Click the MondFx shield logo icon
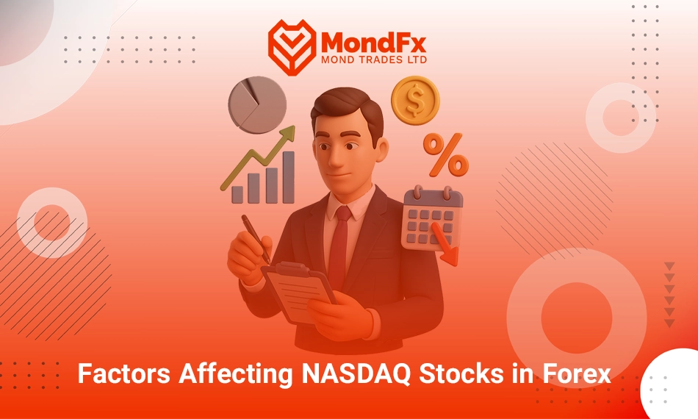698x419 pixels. (292, 47)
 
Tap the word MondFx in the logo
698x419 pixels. (373, 43)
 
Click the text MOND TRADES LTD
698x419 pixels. (374, 60)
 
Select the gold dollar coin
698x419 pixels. (415, 100)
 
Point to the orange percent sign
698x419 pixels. (445, 154)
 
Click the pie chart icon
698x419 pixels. (257, 104)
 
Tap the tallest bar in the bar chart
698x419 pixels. (289, 177)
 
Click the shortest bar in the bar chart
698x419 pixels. (237, 195)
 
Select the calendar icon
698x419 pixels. (432, 218)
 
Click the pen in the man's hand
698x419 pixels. (256, 239)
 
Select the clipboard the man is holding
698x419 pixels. (298, 291)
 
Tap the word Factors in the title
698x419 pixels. (123, 373)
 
